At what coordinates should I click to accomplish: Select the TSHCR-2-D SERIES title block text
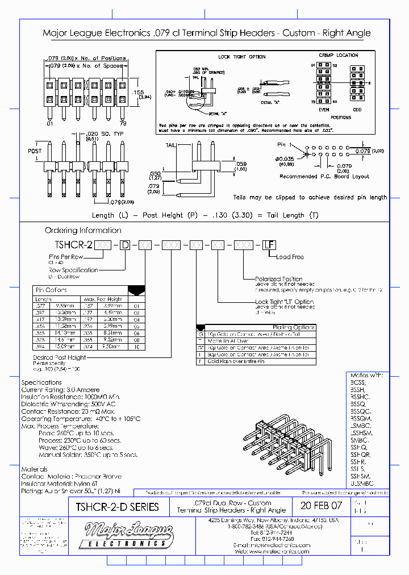tap(117, 506)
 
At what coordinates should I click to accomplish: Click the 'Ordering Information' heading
tap(83, 230)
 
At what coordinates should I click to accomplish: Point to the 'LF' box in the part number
tap(268, 245)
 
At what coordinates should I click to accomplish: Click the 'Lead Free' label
tap(290, 257)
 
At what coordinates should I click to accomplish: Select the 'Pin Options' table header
tap(51, 290)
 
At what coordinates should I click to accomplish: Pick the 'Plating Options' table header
tap(294, 327)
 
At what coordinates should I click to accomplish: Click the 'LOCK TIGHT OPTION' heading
tap(241, 57)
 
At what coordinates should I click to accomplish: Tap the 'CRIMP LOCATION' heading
tap(339, 55)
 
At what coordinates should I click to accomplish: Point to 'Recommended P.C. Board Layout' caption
tap(324, 176)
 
